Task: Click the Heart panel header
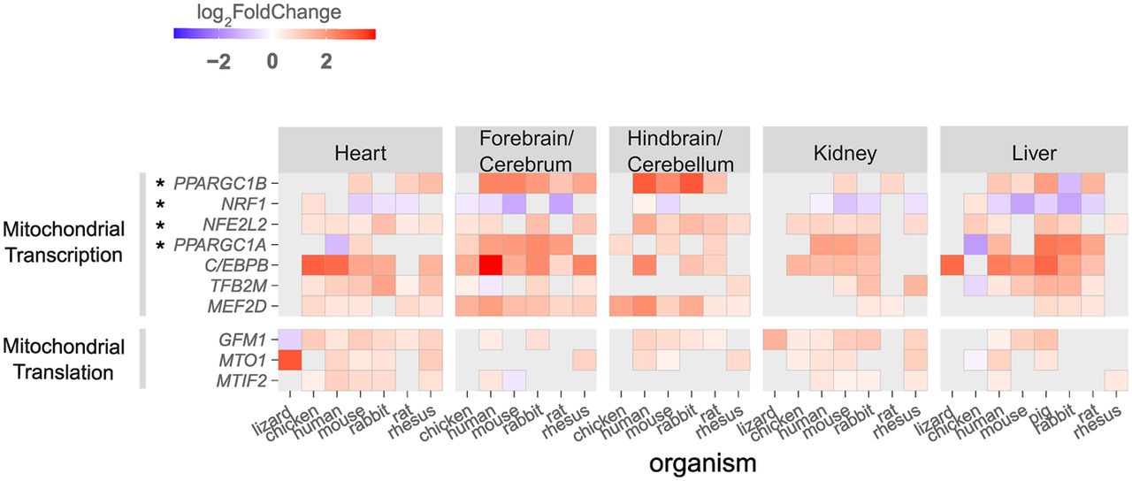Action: click(360, 152)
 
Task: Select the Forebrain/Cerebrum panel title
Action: click(525, 150)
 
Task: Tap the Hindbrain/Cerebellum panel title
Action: click(680, 150)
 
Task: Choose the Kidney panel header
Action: click(845, 152)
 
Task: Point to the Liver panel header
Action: click(1034, 152)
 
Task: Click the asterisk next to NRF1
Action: click(161, 204)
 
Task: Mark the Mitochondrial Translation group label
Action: click(57, 359)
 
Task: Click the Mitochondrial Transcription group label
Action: click(63, 243)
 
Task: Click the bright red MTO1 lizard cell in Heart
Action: click(290, 359)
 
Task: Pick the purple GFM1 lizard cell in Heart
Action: click(290, 339)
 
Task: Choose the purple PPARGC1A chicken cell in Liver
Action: click(974, 244)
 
